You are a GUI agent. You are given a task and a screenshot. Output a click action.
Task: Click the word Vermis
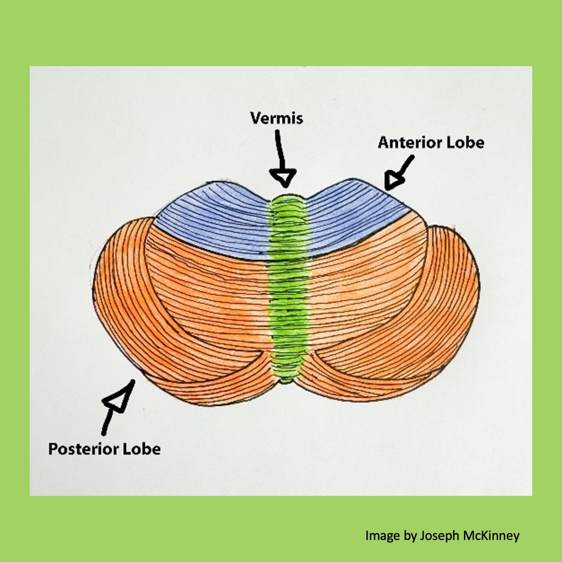(x=277, y=118)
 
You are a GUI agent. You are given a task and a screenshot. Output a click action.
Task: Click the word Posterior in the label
(x=83, y=448)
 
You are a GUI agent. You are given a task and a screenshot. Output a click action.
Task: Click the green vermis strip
(x=289, y=287)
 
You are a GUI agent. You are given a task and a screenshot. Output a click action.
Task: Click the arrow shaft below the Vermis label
(x=280, y=149)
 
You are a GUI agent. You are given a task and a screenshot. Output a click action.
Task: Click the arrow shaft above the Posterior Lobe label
(x=108, y=422)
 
